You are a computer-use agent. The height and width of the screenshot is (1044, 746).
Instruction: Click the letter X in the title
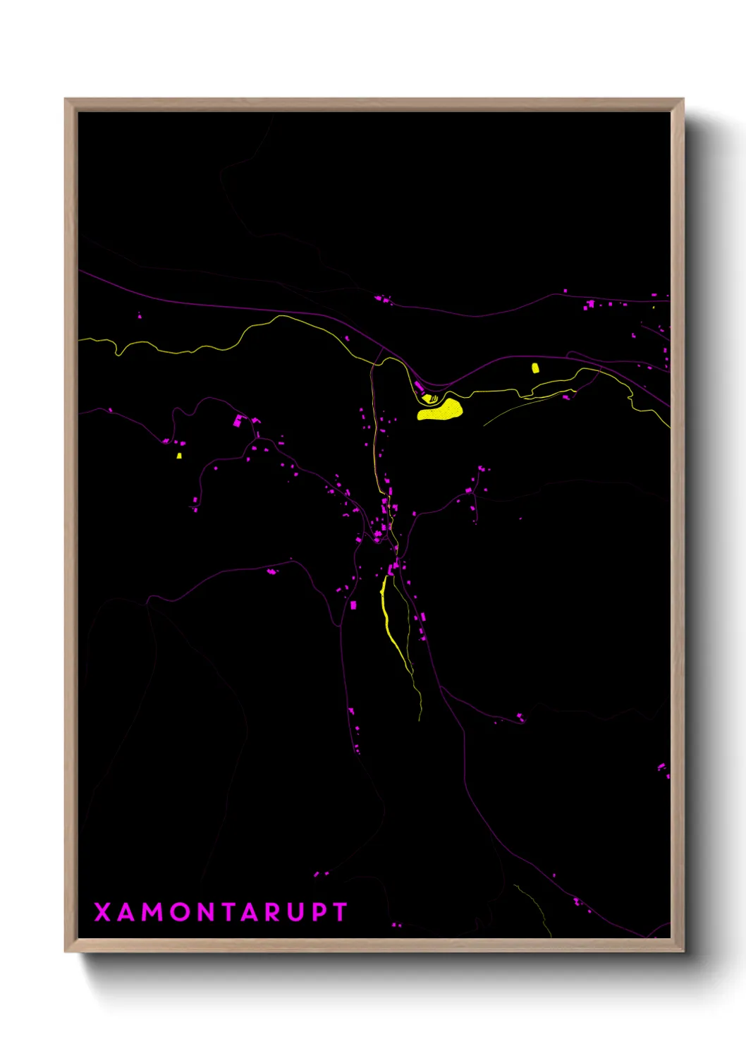pos(102,912)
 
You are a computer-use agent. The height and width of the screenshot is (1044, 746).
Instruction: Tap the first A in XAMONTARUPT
pos(126,912)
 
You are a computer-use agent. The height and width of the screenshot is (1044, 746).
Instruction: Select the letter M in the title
pos(153,912)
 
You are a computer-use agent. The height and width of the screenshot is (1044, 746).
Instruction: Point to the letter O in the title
pos(180,912)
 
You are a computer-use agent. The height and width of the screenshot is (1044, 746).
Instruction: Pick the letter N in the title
pos(205,912)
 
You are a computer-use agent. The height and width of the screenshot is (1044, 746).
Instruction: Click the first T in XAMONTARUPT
pos(228,912)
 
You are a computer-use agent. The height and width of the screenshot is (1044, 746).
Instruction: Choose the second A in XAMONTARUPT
pos(250,912)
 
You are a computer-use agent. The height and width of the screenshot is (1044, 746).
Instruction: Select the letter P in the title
pos(319,912)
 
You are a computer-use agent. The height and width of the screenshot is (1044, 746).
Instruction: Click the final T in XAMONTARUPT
pos(341,912)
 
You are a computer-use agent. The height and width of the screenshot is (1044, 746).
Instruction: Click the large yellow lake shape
pos(441,410)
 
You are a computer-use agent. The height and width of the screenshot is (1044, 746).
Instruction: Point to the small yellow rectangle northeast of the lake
pos(535,368)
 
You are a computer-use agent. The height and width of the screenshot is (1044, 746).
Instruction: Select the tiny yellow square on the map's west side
pos(179,456)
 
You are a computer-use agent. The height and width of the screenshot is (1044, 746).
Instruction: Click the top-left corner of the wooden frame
pos(66,99)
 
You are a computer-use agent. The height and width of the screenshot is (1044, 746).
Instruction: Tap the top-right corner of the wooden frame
pos(683,99)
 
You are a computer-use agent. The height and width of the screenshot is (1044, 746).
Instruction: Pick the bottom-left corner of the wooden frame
pos(66,950)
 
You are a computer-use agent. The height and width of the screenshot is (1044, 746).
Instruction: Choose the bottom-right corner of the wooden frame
pos(683,950)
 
